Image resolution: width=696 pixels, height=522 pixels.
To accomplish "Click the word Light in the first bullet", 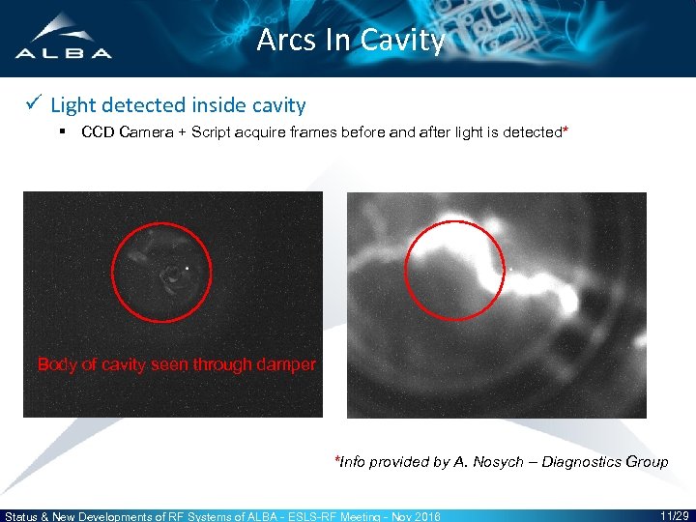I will [71, 105].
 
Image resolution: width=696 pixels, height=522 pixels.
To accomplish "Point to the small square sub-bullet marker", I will [62, 131].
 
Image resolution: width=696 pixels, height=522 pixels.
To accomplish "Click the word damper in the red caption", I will [287, 364].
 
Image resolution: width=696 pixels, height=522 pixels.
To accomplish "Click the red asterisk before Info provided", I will [336, 459].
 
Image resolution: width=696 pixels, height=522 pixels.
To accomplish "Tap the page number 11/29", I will [674, 514].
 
